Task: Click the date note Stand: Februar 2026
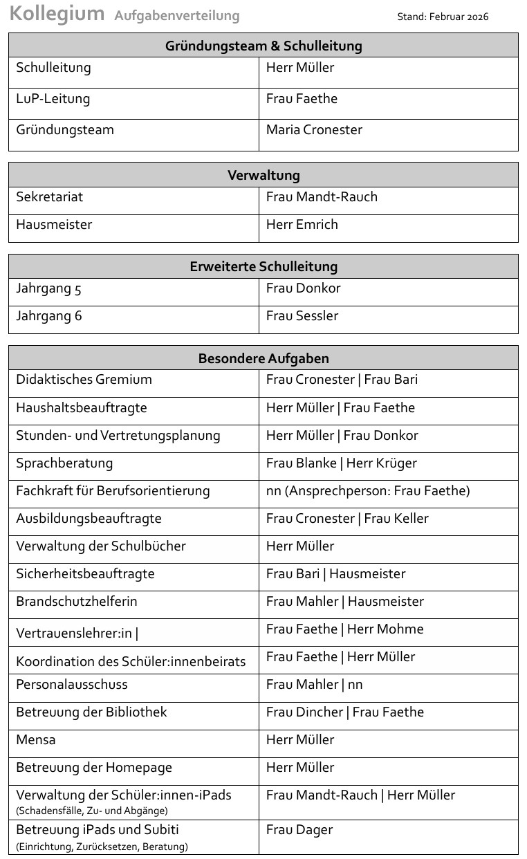click(x=443, y=17)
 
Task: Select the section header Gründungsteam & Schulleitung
click(x=263, y=46)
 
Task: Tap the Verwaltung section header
click(x=263, y=176)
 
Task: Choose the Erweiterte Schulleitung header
click(x=263, y=267)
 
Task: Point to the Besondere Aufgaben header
click(x=263, y=358)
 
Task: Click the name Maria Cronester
click(x=314, y=130)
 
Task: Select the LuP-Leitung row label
click(x=53, y=99)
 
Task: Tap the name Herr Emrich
click(x=302, y=225)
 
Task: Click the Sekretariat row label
click(x=50, y=197)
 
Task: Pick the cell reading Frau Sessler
click(x=302, y=316)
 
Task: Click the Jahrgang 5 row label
click(x=49, y=288)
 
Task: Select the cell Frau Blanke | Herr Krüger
click(x=342, y=463)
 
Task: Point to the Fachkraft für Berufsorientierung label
click(x=113, y=491)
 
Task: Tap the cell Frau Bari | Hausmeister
click(x=335, y=574)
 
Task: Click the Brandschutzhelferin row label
click(x=77, y=602)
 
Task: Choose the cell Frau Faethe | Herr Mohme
click(x=344, y=629)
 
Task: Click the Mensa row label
click(x=36, y=740)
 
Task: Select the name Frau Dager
click(x=299, y=830)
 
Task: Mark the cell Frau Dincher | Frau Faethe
click(x=345, y=712)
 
